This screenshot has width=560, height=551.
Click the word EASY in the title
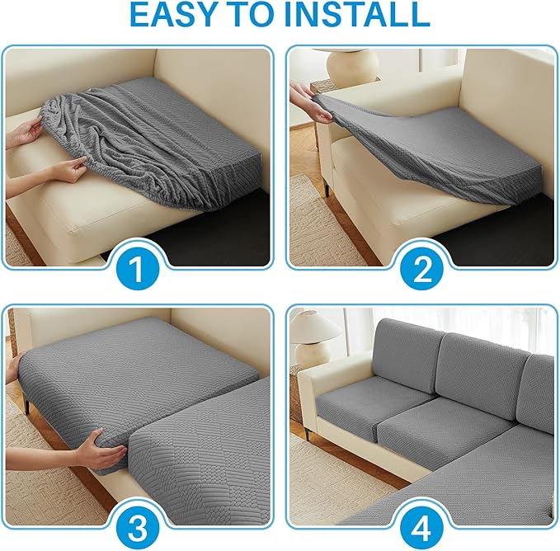[174, 14]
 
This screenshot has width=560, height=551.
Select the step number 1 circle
[138, 269]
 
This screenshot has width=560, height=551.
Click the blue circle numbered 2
[421, 269]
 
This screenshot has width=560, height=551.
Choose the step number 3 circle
[138, 528]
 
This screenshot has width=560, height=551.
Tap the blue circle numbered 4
[421, 528]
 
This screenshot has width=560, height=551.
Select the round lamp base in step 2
[352, 66]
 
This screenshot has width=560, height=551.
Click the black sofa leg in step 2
[327, 187]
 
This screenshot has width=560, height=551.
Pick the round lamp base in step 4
[313, 354]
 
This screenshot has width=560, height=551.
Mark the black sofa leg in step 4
[307, 433]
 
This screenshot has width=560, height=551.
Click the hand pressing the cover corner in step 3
[101, 450]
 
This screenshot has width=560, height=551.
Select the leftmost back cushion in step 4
[407, 356]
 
